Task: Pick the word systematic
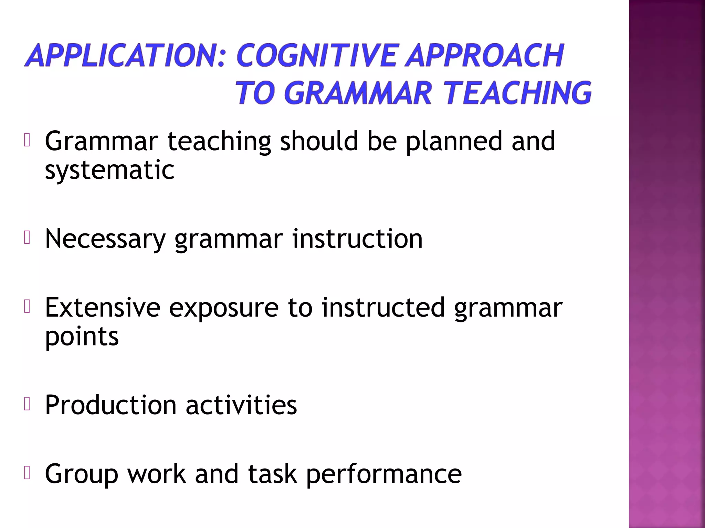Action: click(109, 170)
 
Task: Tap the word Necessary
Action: click(105, 239)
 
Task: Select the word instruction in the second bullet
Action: click(357, 239)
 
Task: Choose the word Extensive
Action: click(103, 307)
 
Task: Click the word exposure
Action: click(224, 308)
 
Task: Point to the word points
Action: click(82, 337)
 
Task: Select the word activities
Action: click(241, 405)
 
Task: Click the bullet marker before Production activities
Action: click(28, 404)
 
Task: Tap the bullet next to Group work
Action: click(28, 473)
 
